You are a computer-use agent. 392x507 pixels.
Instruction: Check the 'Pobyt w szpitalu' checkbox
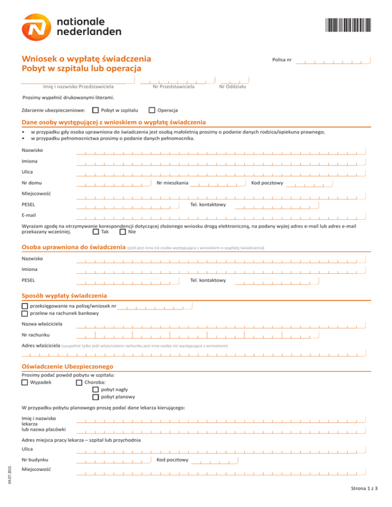pyautogui.click(x=95, y=110)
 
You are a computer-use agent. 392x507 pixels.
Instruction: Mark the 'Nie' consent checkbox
pyautogui.click(x=122, y=232)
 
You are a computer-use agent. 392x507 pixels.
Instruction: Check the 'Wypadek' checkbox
pyautogui.click(x=25, y=382)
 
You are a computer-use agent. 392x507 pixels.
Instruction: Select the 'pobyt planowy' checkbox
pyautogui.click(x=95, y=396)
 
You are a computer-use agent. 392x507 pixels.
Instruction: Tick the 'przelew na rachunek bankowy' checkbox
pyautogui.click(x=25, y=314)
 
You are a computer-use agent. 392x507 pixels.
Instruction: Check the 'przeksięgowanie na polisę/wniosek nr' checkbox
pyautogui.click(x=25, y=307)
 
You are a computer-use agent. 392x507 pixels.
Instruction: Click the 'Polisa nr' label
pyautogui.click(x=282, y=60)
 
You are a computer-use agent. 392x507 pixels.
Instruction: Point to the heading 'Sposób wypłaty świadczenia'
pyautogui.click(x=64, y=295)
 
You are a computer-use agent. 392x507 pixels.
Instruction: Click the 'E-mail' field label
pyautogui.click(x=29, y=215)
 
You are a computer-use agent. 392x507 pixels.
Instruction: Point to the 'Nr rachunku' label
pyautogui.click(x=36, y=335)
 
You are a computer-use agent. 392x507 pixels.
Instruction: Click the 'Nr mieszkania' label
pyautogui.click(x=173, y=183)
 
